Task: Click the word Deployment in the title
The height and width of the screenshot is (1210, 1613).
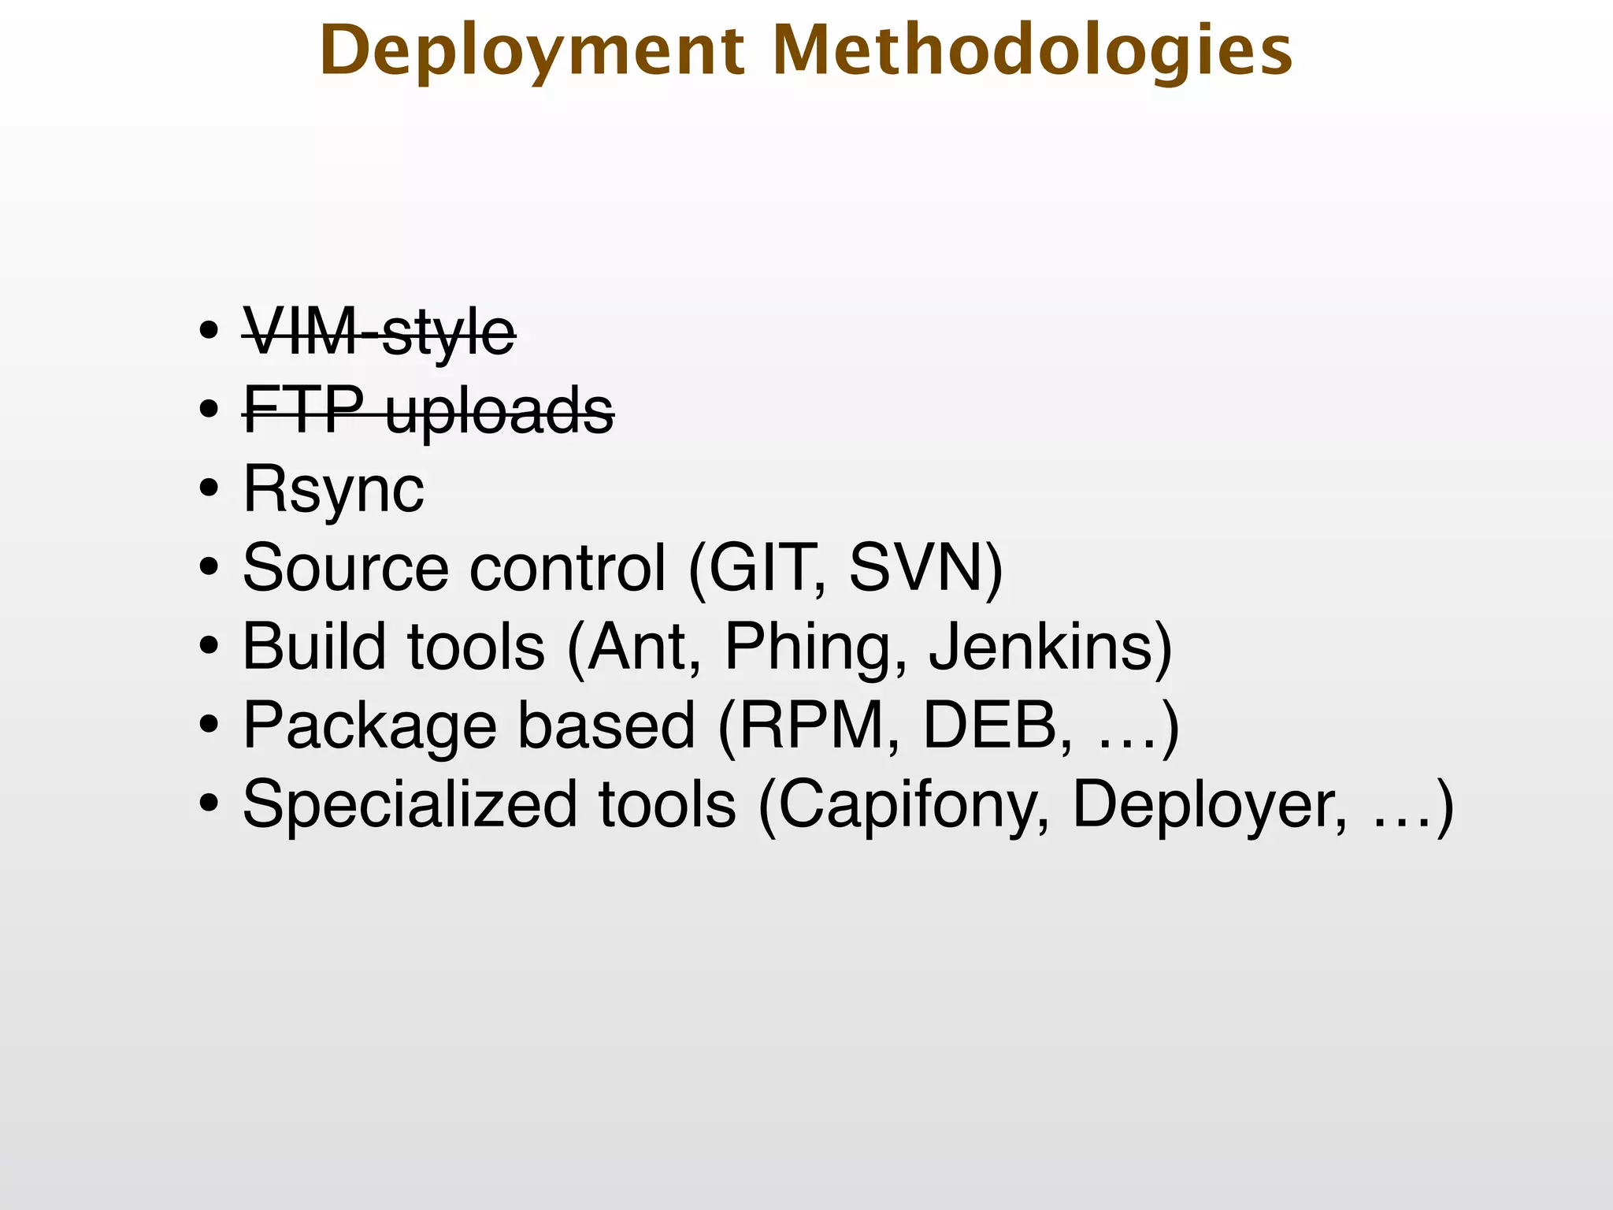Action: [532, 52]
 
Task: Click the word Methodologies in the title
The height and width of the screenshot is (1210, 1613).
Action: [1033, 52]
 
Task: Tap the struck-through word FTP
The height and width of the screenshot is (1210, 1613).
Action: [304, 410]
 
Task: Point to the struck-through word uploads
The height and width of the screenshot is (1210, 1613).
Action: [499, 411]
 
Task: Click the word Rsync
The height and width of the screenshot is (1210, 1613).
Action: [334, 489]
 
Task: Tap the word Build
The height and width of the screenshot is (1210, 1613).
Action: [315, 646]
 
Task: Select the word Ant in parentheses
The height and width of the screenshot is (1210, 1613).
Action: [639, 646]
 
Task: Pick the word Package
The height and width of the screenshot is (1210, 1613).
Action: [370, 726]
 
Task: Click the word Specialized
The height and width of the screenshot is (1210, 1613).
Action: [410, 804]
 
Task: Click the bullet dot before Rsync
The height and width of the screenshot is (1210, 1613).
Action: [209, 489]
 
